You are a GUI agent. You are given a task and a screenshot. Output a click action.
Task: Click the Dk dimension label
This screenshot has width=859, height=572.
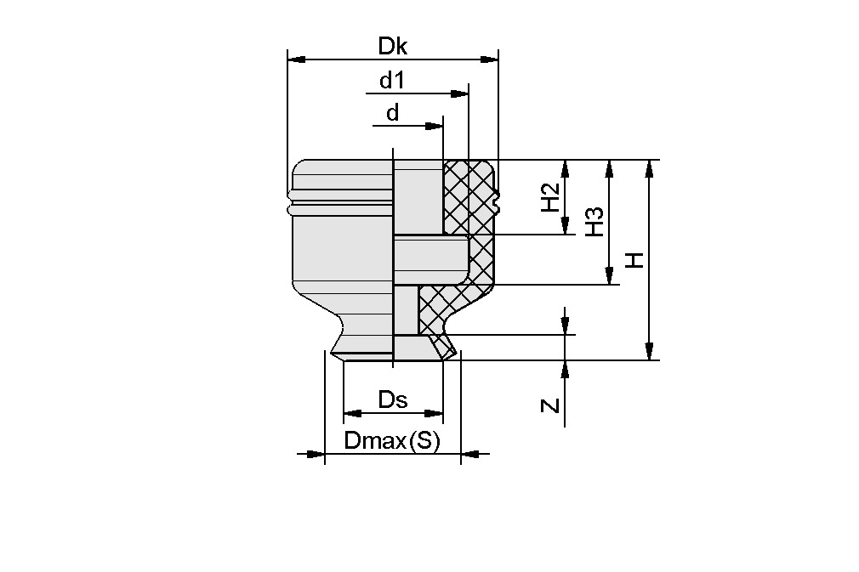[x=393, y=47]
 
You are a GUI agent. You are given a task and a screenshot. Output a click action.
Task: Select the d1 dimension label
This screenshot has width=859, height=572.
[x=392, y=81]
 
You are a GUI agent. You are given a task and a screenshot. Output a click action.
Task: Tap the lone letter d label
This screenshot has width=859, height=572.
[x=392, y=113]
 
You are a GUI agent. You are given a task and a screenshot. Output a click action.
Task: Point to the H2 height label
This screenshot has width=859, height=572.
[x=550, y=197]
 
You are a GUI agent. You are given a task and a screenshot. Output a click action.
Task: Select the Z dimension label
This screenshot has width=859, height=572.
[x=551, y=405]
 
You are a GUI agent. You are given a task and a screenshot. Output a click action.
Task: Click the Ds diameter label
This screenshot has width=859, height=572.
[x=392, y=399]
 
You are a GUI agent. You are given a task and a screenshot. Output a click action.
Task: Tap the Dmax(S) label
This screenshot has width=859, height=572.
[x=392, y=441]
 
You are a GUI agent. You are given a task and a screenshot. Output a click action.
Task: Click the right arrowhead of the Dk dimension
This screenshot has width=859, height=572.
[x=490, y=59]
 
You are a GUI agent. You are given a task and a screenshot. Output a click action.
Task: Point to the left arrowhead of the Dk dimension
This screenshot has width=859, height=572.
[x=296, y=59]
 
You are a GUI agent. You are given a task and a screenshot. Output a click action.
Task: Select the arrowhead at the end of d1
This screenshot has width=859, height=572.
[x=460, y=93]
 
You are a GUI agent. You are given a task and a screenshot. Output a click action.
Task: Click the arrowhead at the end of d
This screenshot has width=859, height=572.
[x=435, y=127]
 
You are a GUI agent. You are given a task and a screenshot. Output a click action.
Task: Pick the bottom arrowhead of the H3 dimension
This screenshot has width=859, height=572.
[x=609, y=276]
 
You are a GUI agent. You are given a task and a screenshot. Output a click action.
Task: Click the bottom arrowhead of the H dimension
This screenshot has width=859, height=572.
[x=649, y=351]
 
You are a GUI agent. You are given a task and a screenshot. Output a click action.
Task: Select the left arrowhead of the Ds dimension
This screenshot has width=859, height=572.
[x=352, y=414]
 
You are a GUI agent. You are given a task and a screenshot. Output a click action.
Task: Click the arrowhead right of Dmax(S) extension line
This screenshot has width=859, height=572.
[x=470, y=454]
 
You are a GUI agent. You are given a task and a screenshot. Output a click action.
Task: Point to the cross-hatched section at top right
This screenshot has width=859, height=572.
[x=469, y=195]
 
